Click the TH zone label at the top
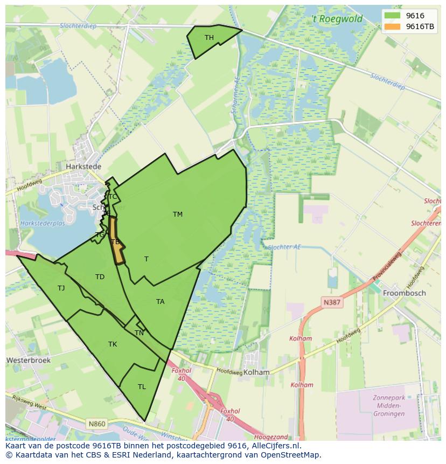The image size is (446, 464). (x=209, y=38)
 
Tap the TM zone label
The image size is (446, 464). (x=177, y=214)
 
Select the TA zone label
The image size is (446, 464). (x=160, y=302)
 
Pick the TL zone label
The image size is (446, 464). (x=142, y=387)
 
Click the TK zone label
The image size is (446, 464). (x=113, y=344)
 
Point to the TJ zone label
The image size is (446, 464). (x=61, y=288)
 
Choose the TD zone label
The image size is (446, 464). (x=100, y=277)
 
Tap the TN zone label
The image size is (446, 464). (x=139, y=333)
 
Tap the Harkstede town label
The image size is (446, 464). (x=83, y=167)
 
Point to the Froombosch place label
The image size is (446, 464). (x=404, y=293)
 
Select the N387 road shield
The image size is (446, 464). (x=332, y=302)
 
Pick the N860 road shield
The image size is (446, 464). (x=97, y=424)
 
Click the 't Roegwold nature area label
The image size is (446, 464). (x=337, y=19)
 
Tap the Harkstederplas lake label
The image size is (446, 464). (x=42, y=223)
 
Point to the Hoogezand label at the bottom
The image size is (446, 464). (x=270, y=438)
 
